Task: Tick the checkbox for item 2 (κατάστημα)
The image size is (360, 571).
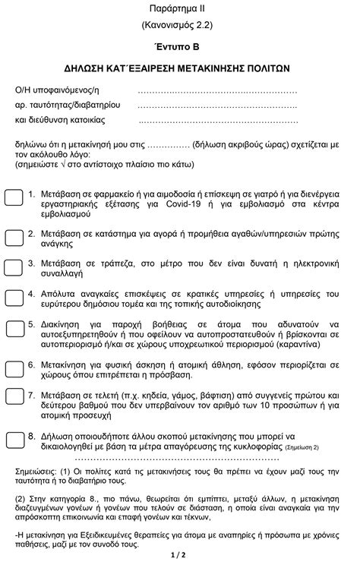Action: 14,238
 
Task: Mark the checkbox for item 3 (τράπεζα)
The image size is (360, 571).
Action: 14,267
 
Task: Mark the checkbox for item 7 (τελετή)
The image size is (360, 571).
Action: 14,396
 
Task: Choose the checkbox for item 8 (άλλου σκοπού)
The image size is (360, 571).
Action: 14,440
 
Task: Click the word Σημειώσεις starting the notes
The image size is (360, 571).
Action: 39,473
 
